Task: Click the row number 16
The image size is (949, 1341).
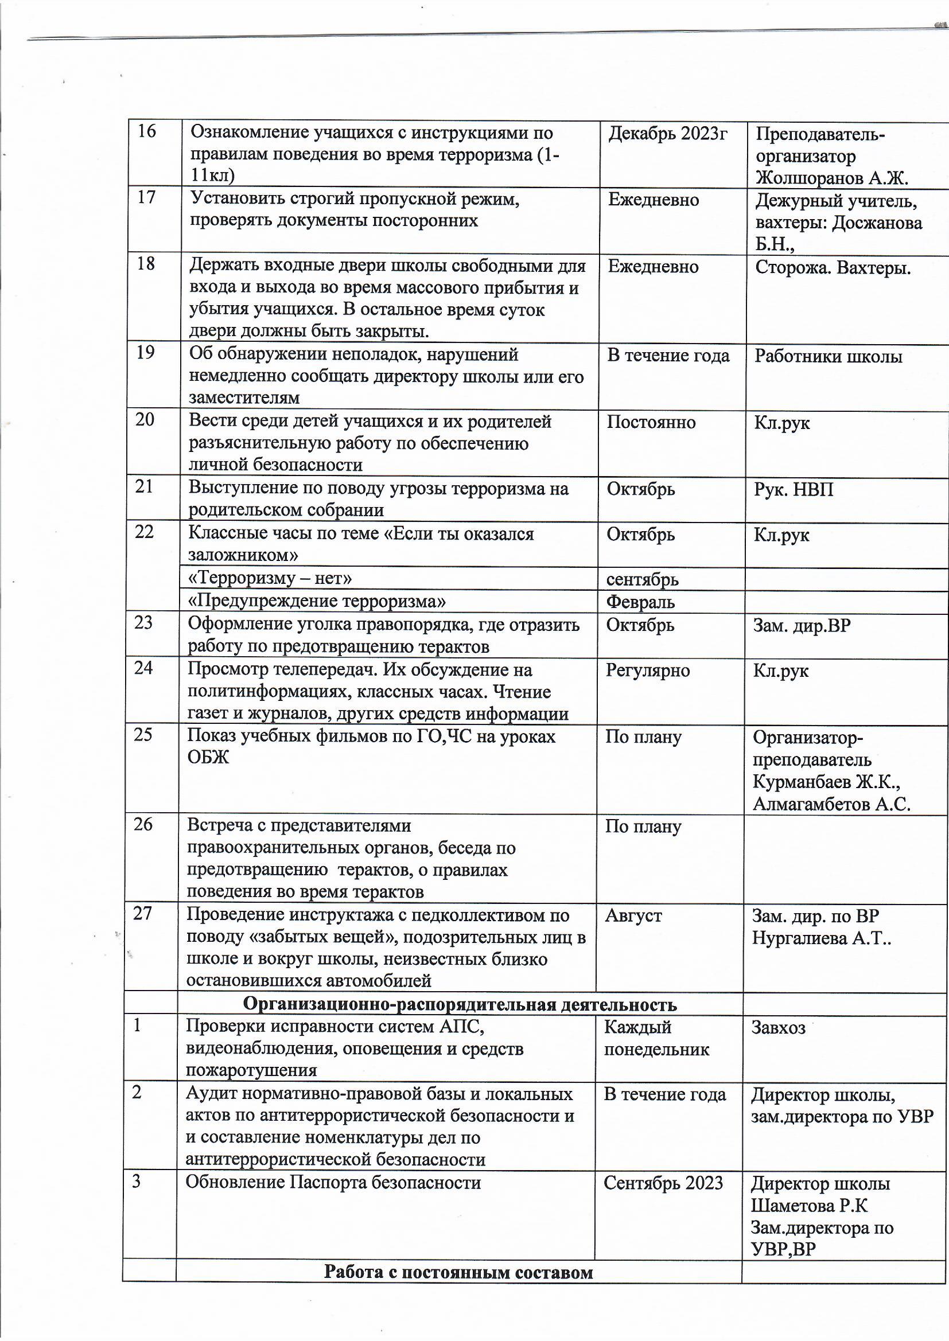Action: [x=147, y=131]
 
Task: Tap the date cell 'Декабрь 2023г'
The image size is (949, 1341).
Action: [x=668, y=134]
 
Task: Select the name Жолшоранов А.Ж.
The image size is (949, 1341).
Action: [x=831, y=178]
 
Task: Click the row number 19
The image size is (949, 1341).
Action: [x=145, y=353]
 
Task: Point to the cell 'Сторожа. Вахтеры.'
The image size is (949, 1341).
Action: [x=833, y=268]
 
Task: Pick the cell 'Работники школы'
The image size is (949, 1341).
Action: [x=828, y=356]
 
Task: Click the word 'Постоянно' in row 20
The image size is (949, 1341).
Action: [x=651, y=422]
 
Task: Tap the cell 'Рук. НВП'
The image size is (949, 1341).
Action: [x=793, y=489]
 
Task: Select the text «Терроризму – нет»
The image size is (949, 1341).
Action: [x=270, y=578]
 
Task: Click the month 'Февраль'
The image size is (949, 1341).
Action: [x=640, y=602]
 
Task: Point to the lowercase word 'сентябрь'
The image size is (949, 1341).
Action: [x=642, y=579]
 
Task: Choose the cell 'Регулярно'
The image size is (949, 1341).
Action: [x=647, y=670]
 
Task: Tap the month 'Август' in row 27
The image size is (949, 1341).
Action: [x=633, y=915]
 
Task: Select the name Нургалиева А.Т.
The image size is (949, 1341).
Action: [x=820, y=938]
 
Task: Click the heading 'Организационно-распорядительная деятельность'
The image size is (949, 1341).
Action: [x=460, y=1004]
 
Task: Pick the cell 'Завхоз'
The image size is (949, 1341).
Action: [x=778, y=1027]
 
